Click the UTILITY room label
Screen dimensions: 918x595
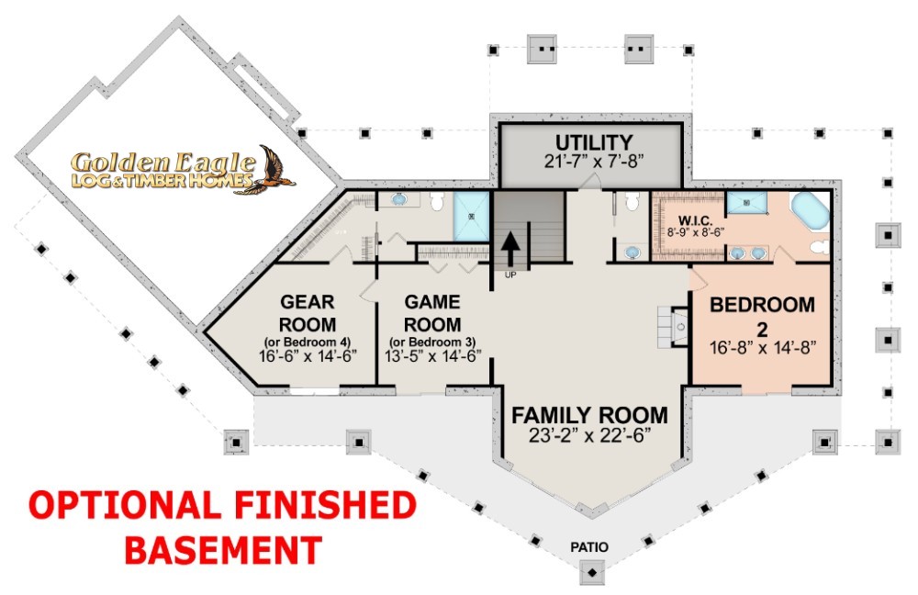click(x=594, y=142)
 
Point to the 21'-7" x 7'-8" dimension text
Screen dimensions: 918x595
click(x=594, y=161)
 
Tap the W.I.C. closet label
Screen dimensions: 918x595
click(x=696, y=220)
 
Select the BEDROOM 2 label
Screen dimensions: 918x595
click(x=762, y=316)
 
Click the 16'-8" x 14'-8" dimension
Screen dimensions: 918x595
click(x=762, y=348)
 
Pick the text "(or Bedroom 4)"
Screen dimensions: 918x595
click(x=308, y=342)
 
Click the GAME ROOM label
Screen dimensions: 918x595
click(x=432, y=313)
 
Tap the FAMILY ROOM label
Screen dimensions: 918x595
click(x=589, y=415)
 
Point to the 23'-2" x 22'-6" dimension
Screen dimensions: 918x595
click(x=589, y=436)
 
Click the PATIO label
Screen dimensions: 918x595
click(x=589, y=547)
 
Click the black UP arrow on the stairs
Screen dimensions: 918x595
click(x=509, y=249)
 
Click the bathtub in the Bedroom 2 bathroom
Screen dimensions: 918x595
click(x=811, y=211)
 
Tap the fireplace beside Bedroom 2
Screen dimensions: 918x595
click(x=673, y=326)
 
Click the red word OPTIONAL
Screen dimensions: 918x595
click(x=124, y=505)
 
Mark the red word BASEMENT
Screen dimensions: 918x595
click(x=224, y=550)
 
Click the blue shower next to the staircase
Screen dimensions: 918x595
click(x=471, y=216)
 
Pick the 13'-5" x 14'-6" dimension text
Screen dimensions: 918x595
click(x=432, y=355)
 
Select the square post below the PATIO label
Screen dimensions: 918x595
click(x=592, y=571)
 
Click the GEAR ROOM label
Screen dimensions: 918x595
click(x=308, y=313)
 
